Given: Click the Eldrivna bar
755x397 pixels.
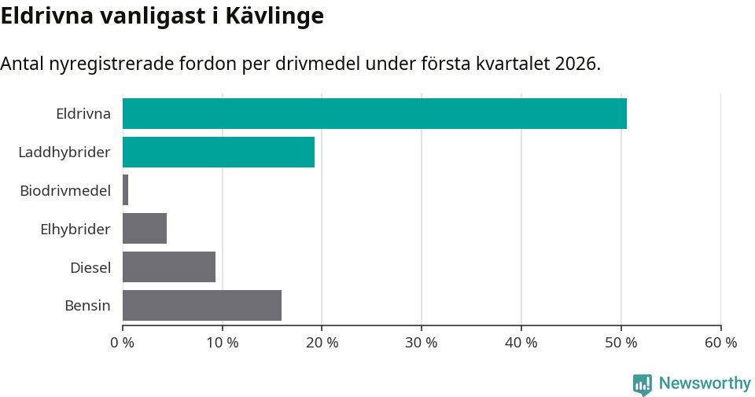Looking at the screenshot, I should pos(374,113).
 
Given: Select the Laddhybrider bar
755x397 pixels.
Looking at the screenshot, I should pos(219,152).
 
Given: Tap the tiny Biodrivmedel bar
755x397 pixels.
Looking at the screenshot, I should pos(126,190).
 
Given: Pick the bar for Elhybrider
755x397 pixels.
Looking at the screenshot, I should pos(145,229).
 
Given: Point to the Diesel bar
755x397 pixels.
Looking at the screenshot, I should pos(169,267).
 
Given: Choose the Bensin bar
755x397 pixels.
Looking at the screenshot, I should pos(202,305).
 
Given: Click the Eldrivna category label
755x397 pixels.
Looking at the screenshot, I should pos(83,113).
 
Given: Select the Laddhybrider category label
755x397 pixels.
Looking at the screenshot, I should pos(64,152).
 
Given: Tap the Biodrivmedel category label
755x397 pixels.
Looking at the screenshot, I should pos(65,190).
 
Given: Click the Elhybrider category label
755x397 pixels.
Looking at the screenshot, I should pos(75,229).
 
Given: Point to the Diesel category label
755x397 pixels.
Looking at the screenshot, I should pos(90,267).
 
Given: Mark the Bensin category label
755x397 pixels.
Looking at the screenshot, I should pos(87,305).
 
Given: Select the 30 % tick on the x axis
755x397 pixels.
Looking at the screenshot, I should pos(422,343).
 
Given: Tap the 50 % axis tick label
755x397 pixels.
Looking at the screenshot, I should pos(621,343).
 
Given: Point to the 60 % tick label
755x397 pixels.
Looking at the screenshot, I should pos(720,343).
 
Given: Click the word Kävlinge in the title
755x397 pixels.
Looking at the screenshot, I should pos(274,17).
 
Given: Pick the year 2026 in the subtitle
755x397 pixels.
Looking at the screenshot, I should pos(576,64).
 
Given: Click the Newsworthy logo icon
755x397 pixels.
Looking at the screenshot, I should pos(643,384).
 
